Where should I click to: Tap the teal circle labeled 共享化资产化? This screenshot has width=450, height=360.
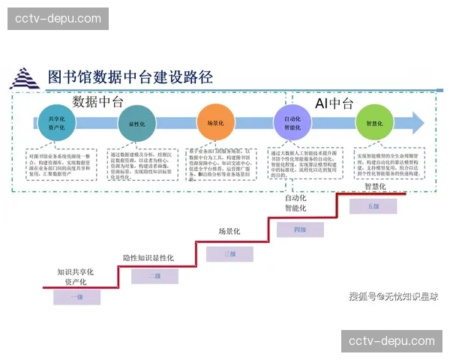pyautogui.click(x=57, y=123)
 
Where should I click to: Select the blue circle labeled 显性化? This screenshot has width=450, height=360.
pyautogui.click(x=136, y=123)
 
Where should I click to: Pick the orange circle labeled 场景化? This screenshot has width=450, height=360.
pyautogui.click(x=216, y=123)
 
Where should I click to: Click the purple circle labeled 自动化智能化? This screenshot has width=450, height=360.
pyautogui.click(x=292, y=123)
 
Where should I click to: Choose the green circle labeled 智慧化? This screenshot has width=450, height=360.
pyautogui.click(x=374, y=123)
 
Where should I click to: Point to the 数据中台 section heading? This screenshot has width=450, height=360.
pyautogui.click(x=97, y=102)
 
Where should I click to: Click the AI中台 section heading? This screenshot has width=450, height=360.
pyautogui.click(x=333, y=103)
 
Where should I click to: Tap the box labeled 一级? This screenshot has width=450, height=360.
pyautogui.click(x=76, y=297)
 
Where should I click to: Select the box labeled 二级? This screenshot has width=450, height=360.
pyautogui.click(x=154, y=275)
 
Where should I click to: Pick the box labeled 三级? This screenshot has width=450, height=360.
pyautogui.click(x=230, y=254)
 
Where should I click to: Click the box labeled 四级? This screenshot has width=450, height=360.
pyautogui.click(x=300, y=229)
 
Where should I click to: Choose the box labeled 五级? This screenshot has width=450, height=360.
pyautogui.click(x=374, y=205)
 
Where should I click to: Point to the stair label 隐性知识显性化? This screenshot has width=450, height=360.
pyautogui.click(x=148, y=258)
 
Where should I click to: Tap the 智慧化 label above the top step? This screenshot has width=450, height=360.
pyautogui.click(x=375, y=187)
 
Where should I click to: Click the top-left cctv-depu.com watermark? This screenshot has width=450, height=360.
pyautogui.click(x=59, y=18)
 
